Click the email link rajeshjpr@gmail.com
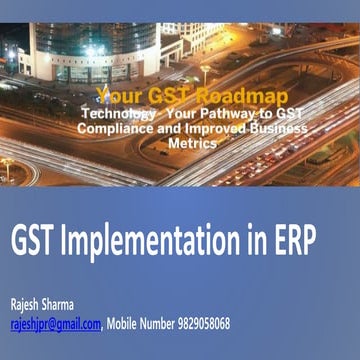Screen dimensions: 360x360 [55, 323]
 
